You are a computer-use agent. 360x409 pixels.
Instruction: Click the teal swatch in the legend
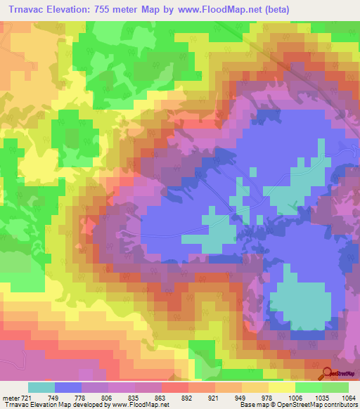coord(41,387)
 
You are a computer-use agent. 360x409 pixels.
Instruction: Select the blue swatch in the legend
coord(68,387)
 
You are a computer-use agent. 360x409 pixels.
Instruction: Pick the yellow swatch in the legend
coord(282,387)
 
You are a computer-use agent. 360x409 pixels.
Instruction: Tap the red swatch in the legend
coord(175,387)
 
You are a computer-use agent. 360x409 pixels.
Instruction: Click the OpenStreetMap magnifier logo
coord(328,373)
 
